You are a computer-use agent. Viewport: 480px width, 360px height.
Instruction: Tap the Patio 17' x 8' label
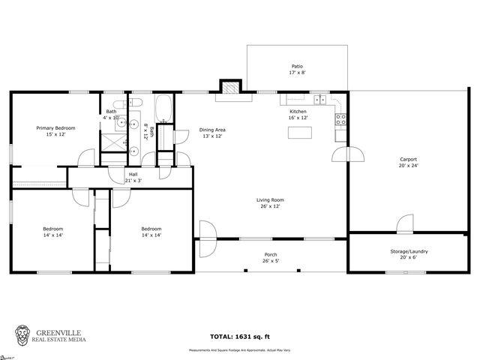click(x=298, y=70)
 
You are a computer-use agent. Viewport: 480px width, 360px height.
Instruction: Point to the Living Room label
click(x=270, y=203)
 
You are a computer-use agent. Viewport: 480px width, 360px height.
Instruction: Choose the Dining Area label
click(x=212, y=133)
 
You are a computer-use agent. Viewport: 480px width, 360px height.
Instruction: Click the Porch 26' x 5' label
click(x=270, y=257)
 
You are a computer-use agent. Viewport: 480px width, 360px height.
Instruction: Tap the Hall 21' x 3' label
click(x=132, y=177)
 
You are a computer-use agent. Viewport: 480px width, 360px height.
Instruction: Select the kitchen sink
click(x=320, y=99)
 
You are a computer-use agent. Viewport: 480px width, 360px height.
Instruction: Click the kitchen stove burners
click(x=340, y=118)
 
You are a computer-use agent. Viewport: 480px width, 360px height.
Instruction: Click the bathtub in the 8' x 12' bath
click(x=164, y=109)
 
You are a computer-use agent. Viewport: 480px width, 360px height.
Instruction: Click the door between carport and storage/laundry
click(x=405, y=223)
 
